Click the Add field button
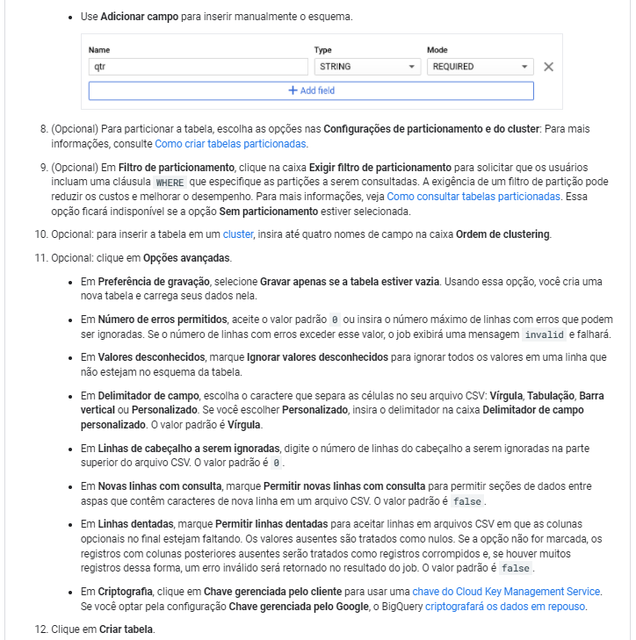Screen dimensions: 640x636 tap(311, 90)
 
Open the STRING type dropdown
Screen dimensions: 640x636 tap(366, 67)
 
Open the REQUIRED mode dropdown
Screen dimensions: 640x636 tap(481, 67)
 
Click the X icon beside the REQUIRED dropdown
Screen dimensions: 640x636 tap(549, 67)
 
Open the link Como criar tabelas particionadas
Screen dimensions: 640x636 tap(230, 143)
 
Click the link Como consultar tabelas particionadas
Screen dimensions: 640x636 tap(473, 197)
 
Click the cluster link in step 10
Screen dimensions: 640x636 tap(237, 234)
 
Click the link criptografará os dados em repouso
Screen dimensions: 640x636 tap(505, 606)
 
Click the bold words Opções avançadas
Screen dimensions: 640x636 tap(187, 258)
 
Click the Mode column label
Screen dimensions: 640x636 tap(437, 50)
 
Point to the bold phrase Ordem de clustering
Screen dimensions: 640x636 tap(502, 234)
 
